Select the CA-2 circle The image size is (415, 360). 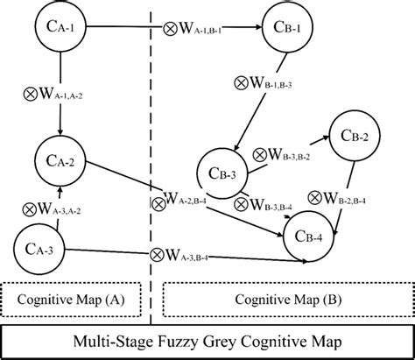[x=59, y=159]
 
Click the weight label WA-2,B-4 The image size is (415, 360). [x=189, y=204]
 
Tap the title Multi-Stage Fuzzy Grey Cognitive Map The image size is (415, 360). [x=207, y=341]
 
